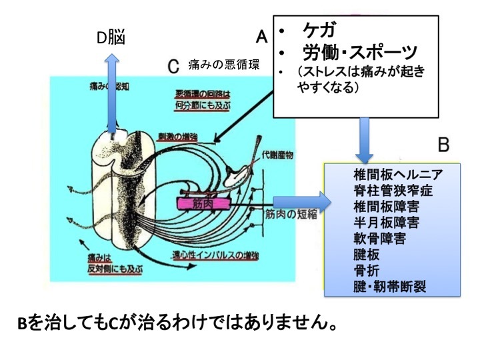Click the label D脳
pos(111,38)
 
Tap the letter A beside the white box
pos(262,35)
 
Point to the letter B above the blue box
pos(444,144)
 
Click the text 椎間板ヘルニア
pos(399,175)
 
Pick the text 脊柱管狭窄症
pos(393,190)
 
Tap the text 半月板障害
pos(387,221)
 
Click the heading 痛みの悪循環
pos(225,67)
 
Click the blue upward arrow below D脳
pos(113,93)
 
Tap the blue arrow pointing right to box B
pos(300,200)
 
